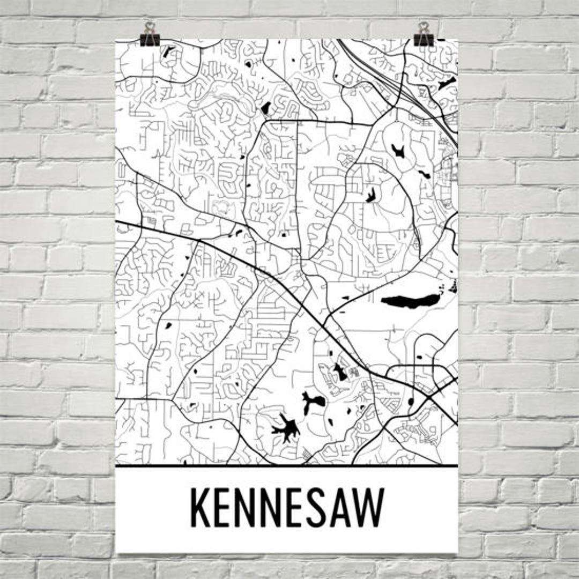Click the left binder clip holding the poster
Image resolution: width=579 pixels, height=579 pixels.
[x=150, y=38]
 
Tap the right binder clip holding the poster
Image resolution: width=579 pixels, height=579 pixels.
[x=424, y=38]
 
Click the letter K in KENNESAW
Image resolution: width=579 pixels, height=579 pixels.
[x=202, y=507]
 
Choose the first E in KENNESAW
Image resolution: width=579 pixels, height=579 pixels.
[x=227, y=507]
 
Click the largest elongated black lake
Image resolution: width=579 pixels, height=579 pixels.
[x=410, y=301]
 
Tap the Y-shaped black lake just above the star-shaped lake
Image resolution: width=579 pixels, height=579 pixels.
[x=312, y=401]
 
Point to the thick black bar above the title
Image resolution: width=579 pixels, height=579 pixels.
[x=287, y=465]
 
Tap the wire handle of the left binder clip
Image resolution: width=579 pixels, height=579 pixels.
[x=150, y=27]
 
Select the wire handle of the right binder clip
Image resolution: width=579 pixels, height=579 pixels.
[x=424, y=27]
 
